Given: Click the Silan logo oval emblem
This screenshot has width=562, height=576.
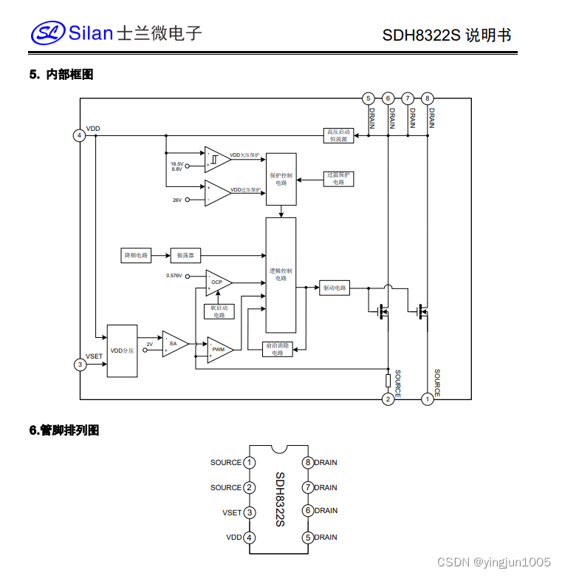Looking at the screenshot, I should coord(48,33).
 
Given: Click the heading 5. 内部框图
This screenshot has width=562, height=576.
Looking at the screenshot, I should coord(61,75).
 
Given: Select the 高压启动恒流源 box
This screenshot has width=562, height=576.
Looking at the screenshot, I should coord(339,135).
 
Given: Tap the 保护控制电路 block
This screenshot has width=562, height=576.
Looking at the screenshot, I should coord(281,179).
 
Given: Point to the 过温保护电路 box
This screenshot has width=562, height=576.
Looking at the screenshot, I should coord(338,178).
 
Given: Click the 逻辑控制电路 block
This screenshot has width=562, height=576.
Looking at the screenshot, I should coord(281,274).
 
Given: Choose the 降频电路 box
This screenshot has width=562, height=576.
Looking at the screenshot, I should coord(136,255).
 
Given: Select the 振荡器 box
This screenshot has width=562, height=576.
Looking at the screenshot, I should coord(185,255).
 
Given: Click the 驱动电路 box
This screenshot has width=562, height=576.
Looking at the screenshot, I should coord(335,288).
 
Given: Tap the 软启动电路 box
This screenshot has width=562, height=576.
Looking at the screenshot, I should coord(219,311).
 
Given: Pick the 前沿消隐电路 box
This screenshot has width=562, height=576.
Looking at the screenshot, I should coord(278,349).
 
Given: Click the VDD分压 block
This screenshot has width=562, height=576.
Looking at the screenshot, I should coord(122,350).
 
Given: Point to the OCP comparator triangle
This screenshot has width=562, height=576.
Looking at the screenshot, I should coord(217,282).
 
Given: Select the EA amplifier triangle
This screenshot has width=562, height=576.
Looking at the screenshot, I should coord(174,343).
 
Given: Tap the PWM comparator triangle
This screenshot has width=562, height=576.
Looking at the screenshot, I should coord(219,349).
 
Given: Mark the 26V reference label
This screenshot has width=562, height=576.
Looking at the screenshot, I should coord(177,200).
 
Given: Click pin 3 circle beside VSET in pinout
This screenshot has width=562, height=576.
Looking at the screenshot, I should coord(250,512).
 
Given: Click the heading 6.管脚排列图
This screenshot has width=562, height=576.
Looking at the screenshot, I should coord(64,430).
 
